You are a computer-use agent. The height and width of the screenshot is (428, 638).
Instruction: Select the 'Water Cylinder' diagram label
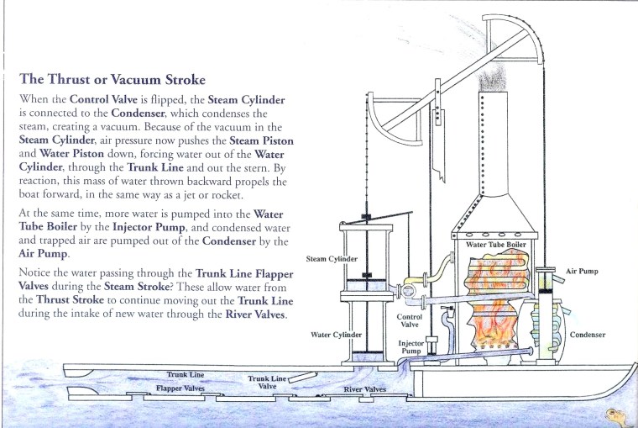[336, 335]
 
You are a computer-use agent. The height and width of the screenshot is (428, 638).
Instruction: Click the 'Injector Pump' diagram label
[411, 347]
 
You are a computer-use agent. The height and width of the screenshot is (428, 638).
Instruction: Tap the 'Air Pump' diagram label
[582, 272]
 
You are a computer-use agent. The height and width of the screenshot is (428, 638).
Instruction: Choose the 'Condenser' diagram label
[588, 335]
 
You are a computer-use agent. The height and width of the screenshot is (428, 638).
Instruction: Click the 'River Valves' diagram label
[365, 389]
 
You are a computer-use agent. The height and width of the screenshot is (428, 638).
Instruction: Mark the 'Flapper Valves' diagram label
[180, 388]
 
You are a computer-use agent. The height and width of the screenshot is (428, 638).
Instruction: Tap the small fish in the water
[614, 414]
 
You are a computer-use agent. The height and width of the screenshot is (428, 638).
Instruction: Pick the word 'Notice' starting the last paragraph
[35, 274]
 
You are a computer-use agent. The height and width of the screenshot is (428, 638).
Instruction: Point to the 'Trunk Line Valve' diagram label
[268, 383]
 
